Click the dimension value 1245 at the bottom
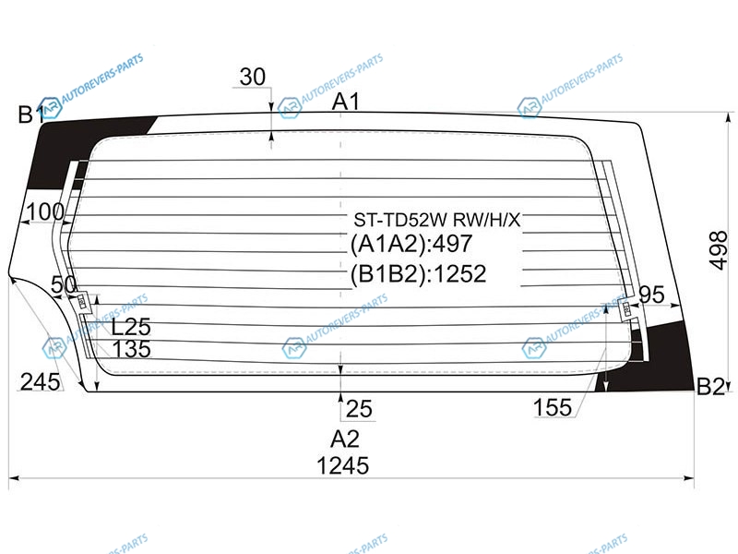342,465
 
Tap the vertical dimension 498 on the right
719,250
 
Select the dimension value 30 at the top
253,77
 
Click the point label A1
346,102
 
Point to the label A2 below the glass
344,440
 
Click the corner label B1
30,114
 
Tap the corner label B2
709,387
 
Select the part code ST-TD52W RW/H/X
436,220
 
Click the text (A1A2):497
411,244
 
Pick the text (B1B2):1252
418,273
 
